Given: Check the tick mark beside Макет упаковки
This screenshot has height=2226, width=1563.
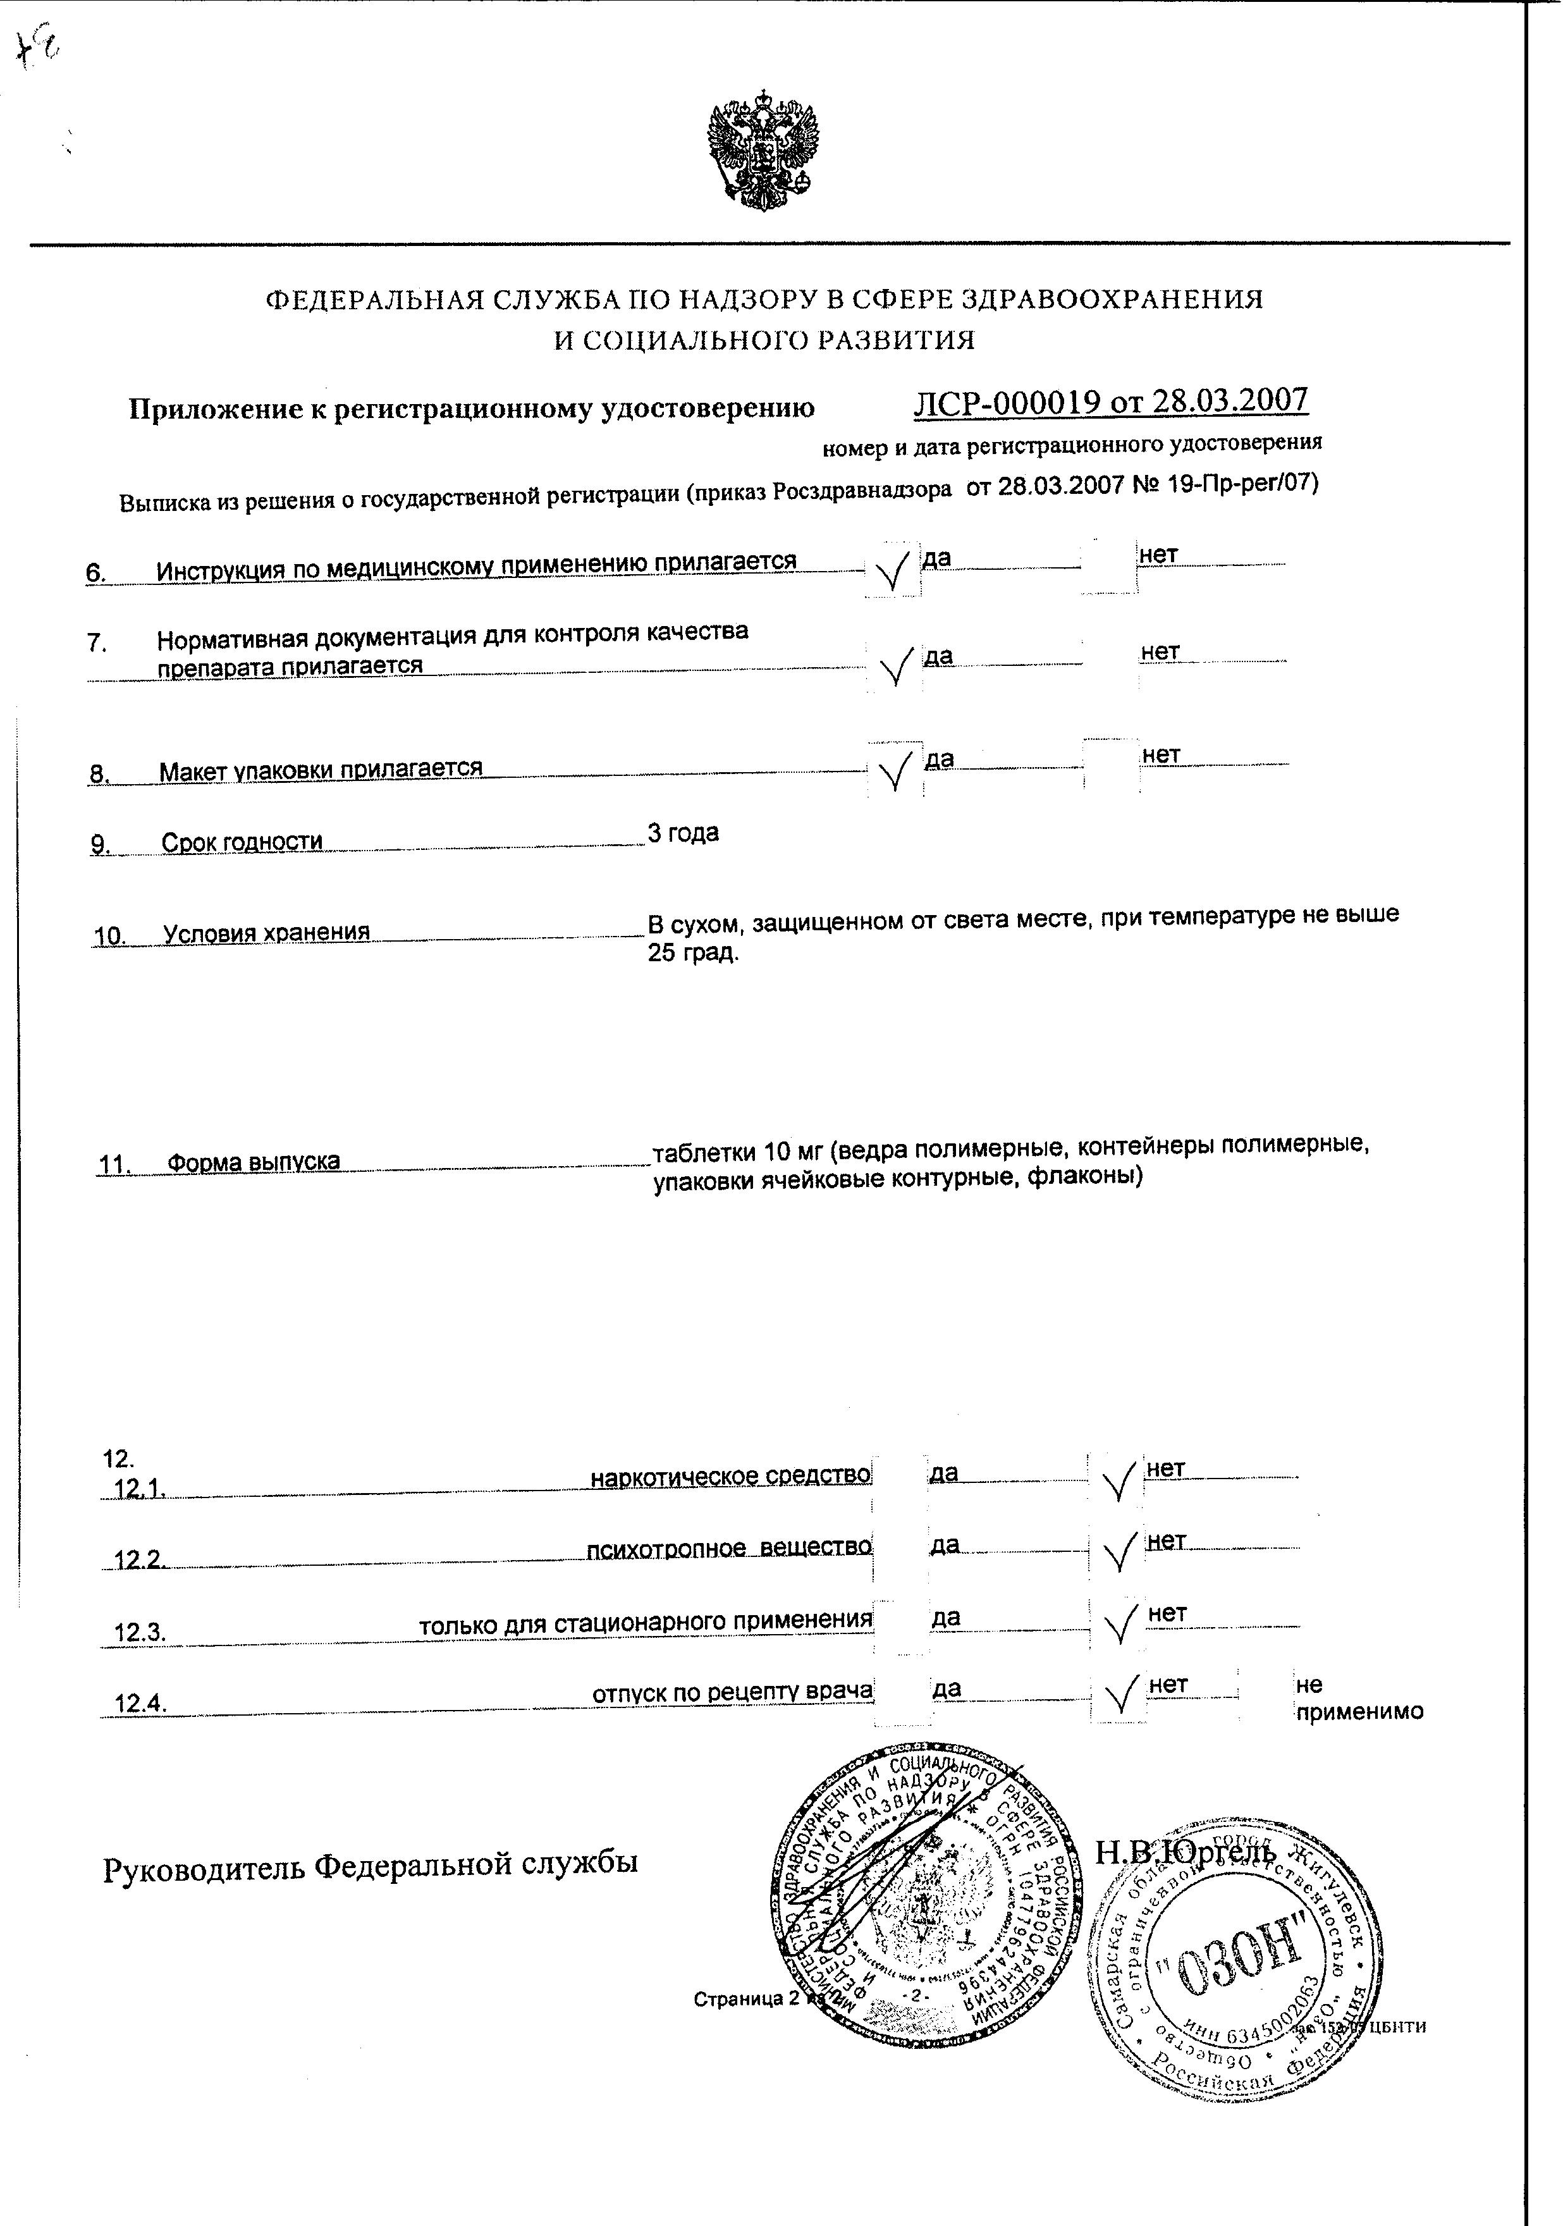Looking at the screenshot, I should click(x=895, y=771).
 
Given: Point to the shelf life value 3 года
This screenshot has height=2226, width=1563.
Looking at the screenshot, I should click(x=683, y=833).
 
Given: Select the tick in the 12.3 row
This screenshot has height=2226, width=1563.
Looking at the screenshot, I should click(x=1119, y=1625).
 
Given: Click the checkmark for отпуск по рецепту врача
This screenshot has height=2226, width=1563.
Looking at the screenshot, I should click(x=1120, y=1695).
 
